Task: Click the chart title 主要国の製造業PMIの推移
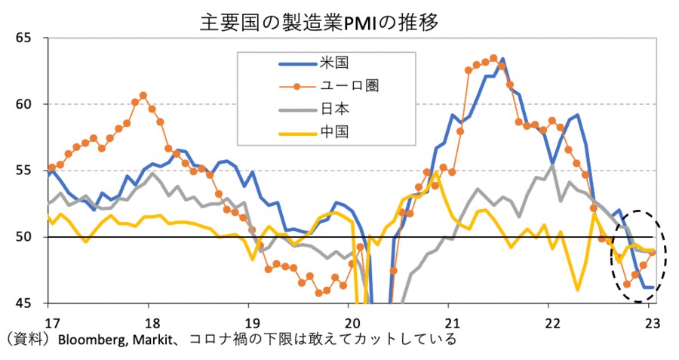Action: pos(319,21)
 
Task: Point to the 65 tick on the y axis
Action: pos(26,37)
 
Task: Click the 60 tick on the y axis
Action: pos(26,103)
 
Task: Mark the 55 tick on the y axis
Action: pos(26,170)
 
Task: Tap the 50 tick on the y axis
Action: pos(26,236)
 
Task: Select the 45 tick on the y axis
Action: pos(26,303)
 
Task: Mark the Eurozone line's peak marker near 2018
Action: pos(143,95)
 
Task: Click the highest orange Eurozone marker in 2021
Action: pos(493,57)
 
